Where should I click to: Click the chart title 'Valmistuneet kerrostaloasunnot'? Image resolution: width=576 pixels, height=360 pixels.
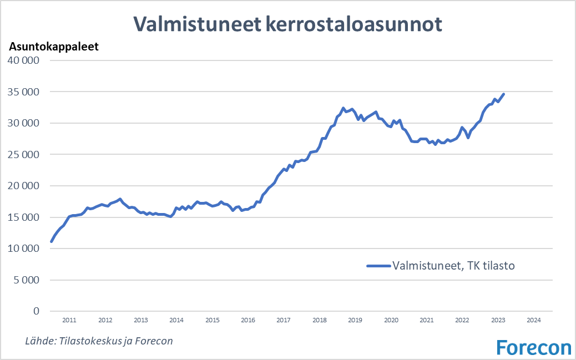pos(287,24)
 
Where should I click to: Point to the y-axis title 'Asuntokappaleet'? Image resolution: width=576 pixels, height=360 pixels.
pos(53,47)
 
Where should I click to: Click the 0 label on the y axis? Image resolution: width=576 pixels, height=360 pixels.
pos(37,311)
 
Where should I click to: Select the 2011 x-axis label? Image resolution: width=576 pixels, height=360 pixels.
pos(69,320)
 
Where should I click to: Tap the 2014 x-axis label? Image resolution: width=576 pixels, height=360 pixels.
pos(176,320)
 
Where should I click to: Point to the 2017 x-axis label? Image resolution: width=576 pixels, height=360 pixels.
pos(284,320)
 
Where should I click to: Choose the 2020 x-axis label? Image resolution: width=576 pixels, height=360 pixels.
pos(391,320)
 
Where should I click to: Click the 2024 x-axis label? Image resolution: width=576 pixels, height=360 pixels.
pos(534,320)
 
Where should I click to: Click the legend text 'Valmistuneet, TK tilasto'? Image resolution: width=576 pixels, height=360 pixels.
pos(453,266)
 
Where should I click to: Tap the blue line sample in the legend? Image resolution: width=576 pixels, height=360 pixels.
pos(378,266)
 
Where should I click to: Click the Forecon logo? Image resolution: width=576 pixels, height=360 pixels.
pos(533,347)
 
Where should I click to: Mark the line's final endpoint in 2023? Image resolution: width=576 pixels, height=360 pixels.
pos(503,94)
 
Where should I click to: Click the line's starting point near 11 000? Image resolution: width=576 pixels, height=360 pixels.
pos(51,241)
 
